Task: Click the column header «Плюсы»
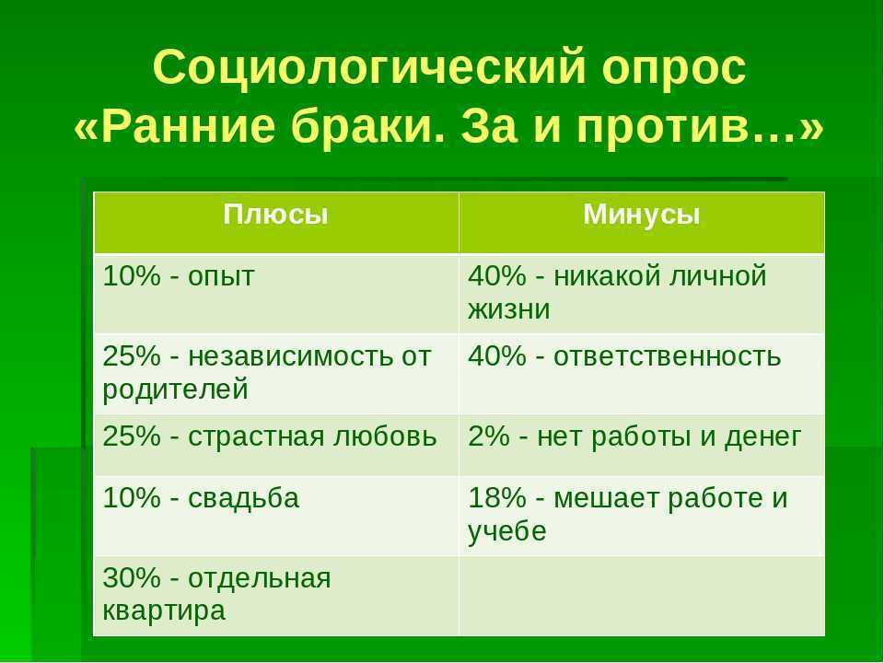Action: [x=275, y=215]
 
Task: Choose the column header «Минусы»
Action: [x=642, y=215]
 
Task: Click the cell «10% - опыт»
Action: [x=276, y=294]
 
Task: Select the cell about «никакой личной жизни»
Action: [x=642, y=294]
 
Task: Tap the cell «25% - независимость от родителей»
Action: [x=276, y=374]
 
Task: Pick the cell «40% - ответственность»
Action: [x=642, y=374]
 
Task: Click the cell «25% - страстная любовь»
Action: [x=276, y=445]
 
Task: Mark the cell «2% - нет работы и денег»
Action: [x=642, y=445]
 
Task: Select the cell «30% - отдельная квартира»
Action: [x=276, y=596]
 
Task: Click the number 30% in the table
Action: [x=132, y=578]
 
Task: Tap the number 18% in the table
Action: [x=496, y=498]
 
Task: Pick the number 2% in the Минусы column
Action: [x=489, y=436]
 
